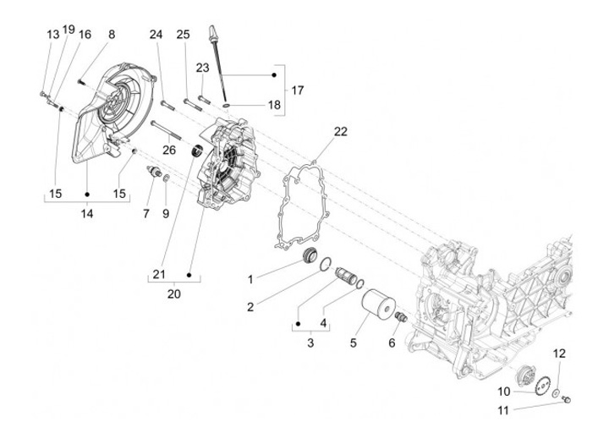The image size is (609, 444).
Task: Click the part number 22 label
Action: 340,131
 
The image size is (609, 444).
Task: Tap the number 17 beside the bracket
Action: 297,90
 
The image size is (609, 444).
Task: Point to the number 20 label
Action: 173,294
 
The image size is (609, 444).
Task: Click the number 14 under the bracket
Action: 87,214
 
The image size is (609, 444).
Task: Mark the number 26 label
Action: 169,150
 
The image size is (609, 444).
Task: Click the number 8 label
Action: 111,35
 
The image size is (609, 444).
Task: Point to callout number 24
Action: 156,35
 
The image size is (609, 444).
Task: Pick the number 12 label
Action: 559,354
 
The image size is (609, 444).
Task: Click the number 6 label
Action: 392,343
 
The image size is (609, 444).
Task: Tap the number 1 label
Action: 250,279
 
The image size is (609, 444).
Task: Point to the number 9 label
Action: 166,214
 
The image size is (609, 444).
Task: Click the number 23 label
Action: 203,67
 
